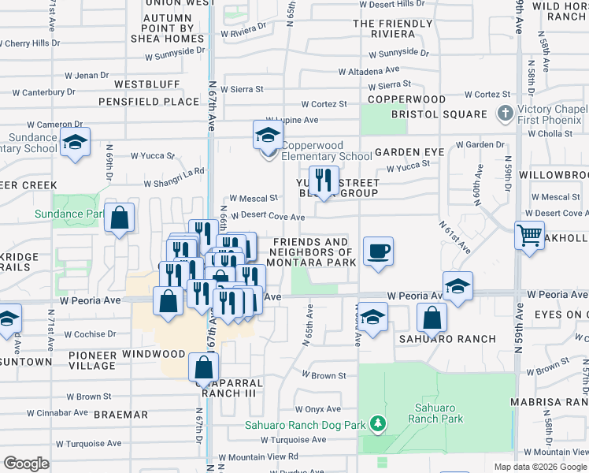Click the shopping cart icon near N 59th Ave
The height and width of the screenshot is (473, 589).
click(529, 234)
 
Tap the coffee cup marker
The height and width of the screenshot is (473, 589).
click(378, 251)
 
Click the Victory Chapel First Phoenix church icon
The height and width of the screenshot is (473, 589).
click(505, 114)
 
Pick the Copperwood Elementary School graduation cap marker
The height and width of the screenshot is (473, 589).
click(268, 134)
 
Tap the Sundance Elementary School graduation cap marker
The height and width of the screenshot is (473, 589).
click(76, 142)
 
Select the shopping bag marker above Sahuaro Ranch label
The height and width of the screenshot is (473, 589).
click(432, 318)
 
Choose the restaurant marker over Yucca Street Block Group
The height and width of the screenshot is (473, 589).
click(324, 179)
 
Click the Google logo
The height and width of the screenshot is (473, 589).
click(26, 464)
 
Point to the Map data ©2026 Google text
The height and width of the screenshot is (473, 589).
click(540, 467)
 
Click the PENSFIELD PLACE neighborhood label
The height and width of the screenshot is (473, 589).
click(149, 102)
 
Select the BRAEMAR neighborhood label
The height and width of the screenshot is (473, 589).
click(121, 414)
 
